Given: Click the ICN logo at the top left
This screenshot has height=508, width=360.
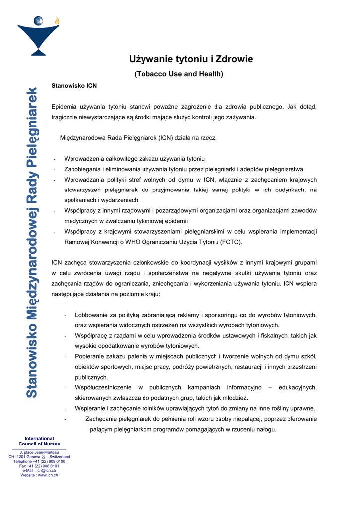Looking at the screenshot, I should pyautogui.click(x=38, y=35).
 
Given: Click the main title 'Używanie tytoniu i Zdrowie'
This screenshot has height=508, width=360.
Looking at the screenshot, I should pyautogui.click(x=191, y=59).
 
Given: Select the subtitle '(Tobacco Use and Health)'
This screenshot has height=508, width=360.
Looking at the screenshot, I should pyautogui.click(x=179, y=74).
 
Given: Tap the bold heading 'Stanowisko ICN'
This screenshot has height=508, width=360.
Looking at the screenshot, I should pyautogui.click(x=74, y=86).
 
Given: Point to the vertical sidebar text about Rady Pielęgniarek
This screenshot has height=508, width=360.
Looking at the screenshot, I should pyautogui.click(x=32, y=243).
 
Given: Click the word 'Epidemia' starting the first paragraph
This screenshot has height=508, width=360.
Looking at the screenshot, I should pyautogui.click(x=64, y=107).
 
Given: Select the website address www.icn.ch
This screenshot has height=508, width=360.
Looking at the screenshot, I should pyautogui.click(x=48, y=475).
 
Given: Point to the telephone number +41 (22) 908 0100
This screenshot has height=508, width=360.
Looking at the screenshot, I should pyautogui.click(x=49, y=461).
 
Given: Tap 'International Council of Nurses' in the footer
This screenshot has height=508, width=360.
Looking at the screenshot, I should pyautogui.click(x=39, y=441).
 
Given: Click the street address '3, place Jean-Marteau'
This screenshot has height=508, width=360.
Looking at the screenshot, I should pyautogui.click(x=39, y=452).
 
